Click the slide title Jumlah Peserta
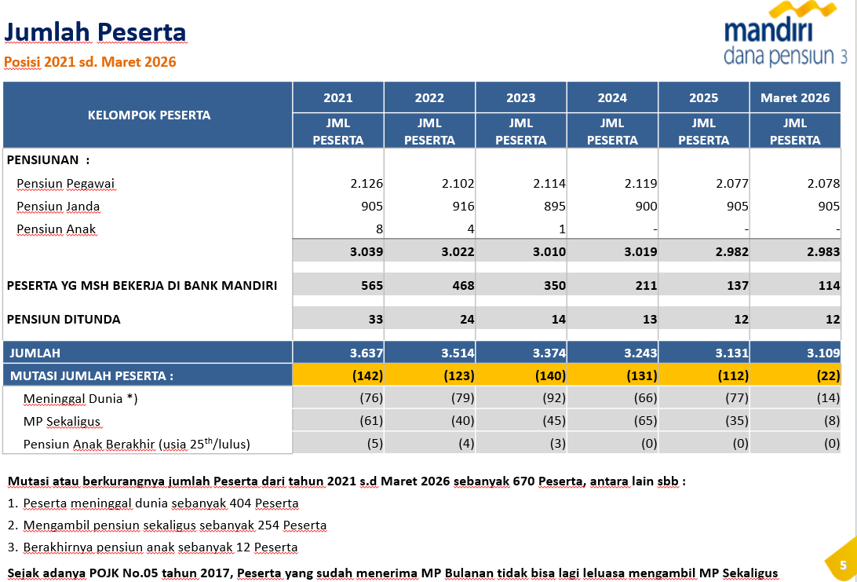[x=95, y=32]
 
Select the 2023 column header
[x=520, y=97]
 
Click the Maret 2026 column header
[x=795, y=97]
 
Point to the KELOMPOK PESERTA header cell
[x=149, y=115]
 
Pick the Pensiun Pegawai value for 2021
[x=367, y=184]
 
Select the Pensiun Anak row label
[x=56, y=229]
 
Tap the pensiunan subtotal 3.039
[x=367, y=252]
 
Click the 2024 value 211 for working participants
[x=646, y=286]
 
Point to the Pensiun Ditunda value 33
[x=375, y=320]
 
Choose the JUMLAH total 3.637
[x=367, y=353]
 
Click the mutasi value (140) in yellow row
[x=549, y=375]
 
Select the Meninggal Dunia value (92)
[x=553, y=398]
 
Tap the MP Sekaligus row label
[x=62, y=421]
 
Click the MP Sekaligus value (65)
[x=645, y=421]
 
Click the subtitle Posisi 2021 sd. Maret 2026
[x=90, y=62]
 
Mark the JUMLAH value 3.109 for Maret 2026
[x=823, y=353]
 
